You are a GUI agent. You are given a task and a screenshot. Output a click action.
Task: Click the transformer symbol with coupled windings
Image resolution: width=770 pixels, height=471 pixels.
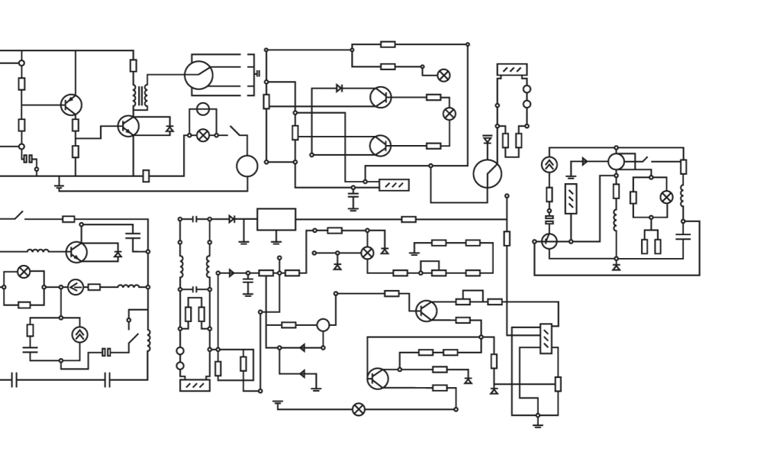point(140,97)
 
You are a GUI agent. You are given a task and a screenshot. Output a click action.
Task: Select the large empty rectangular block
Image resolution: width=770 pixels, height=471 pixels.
point(276,219)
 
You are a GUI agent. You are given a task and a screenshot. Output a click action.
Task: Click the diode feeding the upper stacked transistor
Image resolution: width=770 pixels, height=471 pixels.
point(339,89)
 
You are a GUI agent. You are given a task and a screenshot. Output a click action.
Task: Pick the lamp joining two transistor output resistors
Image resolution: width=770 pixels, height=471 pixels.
point(449,113)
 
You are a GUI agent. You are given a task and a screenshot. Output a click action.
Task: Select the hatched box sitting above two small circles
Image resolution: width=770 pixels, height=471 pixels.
point(512,70)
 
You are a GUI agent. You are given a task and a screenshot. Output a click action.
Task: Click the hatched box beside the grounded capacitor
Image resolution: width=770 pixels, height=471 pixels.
point(394,185)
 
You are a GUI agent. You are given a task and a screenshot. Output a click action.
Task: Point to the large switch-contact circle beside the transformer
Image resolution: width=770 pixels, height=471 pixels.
point(198,76)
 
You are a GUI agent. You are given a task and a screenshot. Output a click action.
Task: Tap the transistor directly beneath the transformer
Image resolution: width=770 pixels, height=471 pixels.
point(128,126)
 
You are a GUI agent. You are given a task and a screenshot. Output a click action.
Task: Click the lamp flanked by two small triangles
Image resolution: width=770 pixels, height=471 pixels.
point(367,252)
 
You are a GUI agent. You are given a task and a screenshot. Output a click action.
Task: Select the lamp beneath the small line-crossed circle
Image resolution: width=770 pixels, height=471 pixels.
point(203,134)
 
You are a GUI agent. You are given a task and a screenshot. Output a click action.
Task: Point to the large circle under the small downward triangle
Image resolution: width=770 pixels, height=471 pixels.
point(486,174)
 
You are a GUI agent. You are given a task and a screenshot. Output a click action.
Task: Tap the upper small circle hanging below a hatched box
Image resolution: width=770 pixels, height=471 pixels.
point(527,89)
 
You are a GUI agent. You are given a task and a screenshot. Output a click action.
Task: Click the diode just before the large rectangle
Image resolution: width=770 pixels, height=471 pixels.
point(232,219)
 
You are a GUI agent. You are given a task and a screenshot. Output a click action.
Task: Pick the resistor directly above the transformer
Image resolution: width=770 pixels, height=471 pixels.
point(134,66)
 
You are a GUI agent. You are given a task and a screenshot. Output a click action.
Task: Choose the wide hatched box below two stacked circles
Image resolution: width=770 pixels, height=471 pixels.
point(195,385)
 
